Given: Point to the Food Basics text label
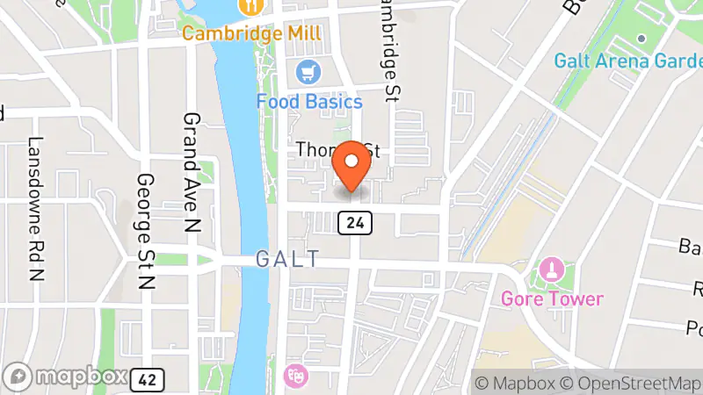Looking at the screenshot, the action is click(309, 101).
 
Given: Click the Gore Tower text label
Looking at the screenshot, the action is click(552, 298).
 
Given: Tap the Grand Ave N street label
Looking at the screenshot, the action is click(191, 172).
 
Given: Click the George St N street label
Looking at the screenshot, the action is click(146, 232).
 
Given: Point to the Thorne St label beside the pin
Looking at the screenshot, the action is click(316, 151).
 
